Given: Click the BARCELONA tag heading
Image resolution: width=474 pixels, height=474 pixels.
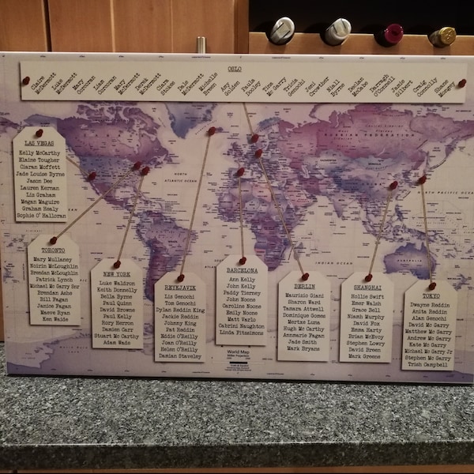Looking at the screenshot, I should (x=242, y=270).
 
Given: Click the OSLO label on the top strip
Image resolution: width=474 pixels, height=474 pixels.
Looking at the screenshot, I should (x=235, y=70).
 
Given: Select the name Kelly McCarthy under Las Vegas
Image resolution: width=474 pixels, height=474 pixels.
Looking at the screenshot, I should (x=39, y=153).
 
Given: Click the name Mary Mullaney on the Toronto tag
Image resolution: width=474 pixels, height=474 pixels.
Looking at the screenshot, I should (x=53, y=259).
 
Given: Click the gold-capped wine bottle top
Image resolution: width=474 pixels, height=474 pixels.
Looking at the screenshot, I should (x=443, y=36).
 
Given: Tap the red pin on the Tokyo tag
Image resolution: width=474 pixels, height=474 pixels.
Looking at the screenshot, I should (x=431, y=286).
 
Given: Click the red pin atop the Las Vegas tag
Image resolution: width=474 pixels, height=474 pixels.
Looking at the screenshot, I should (x=38, y=131).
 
